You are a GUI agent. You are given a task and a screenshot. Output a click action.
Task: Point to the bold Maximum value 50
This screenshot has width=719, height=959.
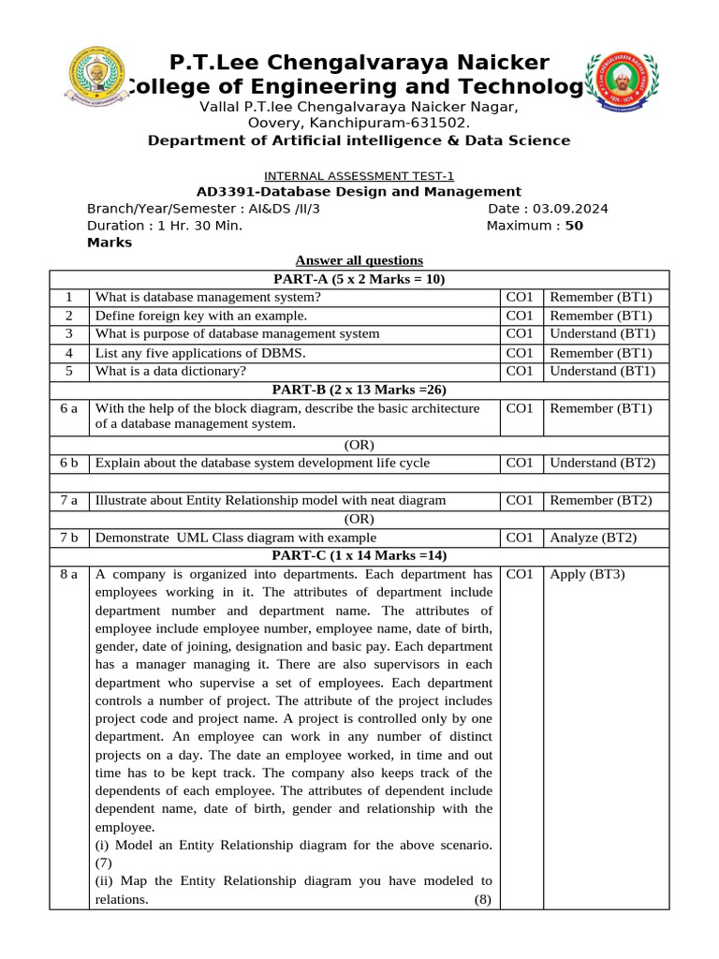tap(574, 226)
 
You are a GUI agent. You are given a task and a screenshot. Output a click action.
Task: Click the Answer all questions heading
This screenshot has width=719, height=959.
tap(359, 260)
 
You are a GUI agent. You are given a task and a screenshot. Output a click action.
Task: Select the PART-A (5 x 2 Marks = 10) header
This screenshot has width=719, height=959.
tap(359, 279)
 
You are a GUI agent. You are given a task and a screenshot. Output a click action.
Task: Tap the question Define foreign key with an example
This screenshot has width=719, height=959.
tap(201, 316)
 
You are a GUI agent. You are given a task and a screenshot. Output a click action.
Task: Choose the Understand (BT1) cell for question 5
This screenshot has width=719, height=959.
tap(602, 370)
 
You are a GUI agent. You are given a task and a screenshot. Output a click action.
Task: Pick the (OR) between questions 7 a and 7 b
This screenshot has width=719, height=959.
tap(359, 519)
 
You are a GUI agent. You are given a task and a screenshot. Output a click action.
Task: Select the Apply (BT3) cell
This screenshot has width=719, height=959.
tap(587, 574)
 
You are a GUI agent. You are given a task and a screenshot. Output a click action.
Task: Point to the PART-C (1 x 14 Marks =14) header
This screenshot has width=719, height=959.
tap(359, 555)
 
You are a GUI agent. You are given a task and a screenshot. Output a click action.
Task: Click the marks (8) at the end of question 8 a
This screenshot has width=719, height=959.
tap(482, 899)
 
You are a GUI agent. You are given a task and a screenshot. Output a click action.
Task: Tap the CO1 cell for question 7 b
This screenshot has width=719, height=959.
tap(519, 538)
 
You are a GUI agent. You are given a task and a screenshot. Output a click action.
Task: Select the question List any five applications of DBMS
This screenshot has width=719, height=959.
tap(200, 353)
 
